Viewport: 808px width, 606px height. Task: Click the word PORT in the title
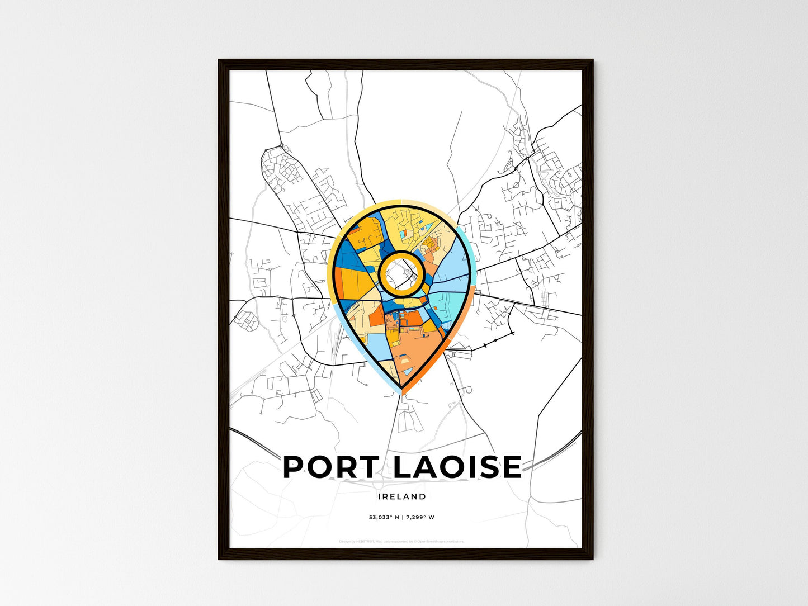[x=330, y=467]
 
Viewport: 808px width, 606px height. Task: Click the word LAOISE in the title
[x=457, y=467]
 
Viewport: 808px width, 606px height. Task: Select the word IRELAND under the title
[x=401, y=496]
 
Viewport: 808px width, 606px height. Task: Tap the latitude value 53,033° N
[x=383, y=517]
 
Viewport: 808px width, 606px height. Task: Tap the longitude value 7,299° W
[x=420, y=517]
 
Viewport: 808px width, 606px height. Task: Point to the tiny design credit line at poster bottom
[x=401, y=541]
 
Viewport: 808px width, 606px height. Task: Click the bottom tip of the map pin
[x=401, y=387]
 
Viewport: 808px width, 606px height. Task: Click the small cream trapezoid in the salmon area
[x=405, y=361]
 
